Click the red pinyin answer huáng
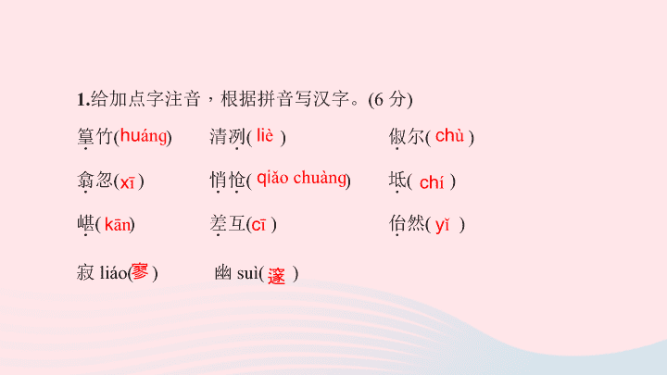point(144,136)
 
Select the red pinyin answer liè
point(265,136)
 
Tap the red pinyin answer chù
point(449,136)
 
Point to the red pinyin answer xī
point(128,182)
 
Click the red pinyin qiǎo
point(272,178)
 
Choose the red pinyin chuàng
point(320,178)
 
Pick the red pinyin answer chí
point(432,182)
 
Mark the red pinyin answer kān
point(118,224)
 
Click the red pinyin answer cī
point(258,225)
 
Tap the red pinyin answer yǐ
point(443,225)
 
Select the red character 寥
point(140,271)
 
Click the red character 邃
point(276,276)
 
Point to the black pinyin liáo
point(113,272)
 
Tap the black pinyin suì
point(247,272)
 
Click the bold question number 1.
point(83,100)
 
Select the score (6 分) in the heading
point(390,100)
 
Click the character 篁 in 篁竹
point(86,136)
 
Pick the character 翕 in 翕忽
point(86,180)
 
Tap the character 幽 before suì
point(223,272)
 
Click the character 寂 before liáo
point(85,272)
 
